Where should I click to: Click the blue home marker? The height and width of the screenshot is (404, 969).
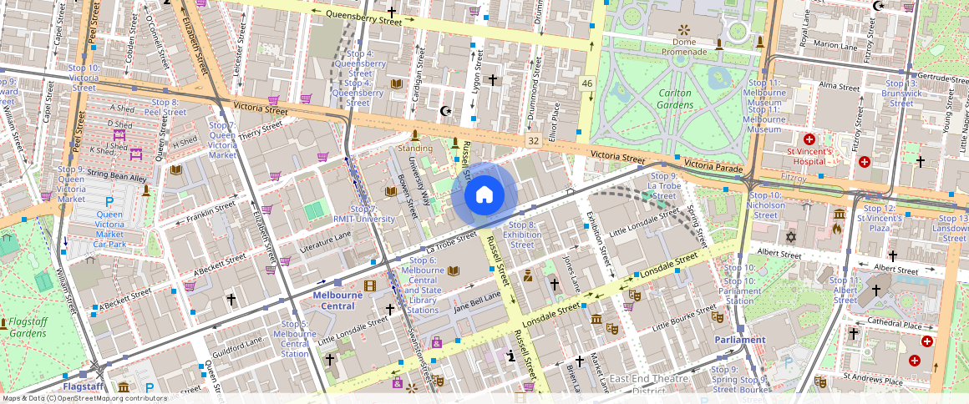pyautogui.click(x=484, y=195)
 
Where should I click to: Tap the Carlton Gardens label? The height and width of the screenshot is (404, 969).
pyautogui.click(x=675, y=98)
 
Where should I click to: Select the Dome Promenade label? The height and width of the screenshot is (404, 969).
pyautogui.click(x=684, y=47)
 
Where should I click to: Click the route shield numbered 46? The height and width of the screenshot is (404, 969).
pyautogui.click(x=587, y=83)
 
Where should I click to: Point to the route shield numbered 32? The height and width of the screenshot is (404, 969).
pyautogui.click(x=534, y=141)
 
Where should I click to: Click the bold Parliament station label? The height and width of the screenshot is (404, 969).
pyautogui.click(x=739, y=340)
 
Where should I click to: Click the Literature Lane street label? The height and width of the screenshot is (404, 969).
pyautogui.click(x=326, y=241)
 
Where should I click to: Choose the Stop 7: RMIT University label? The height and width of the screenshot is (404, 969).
pyautogui.click(x=363, y=214)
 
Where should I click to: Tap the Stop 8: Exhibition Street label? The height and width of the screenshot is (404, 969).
pyautogui.click(x=522, y=235)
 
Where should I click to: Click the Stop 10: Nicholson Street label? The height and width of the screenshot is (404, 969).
pyautogui.click(x=765, y=205)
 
